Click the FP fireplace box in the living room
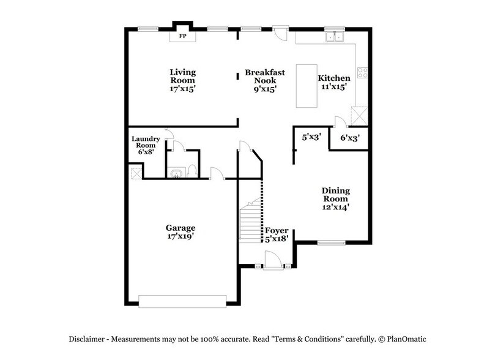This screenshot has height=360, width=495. (182, 36)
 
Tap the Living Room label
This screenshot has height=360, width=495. (182, 80)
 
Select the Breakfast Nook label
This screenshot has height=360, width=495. (264, 80)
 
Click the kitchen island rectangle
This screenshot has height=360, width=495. (306, 86)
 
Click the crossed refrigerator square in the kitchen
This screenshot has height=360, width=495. (359, 114)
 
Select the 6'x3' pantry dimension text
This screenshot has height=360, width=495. (349, 138)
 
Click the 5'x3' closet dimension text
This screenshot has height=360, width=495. (312, 138)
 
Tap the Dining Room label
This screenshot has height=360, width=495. (335, 198)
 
